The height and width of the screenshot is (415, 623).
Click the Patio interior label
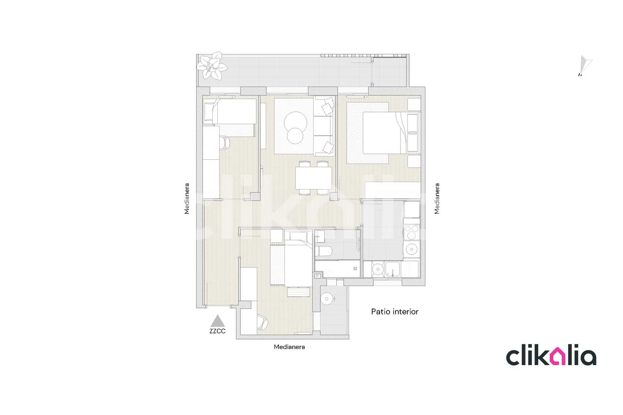tap(395, 312)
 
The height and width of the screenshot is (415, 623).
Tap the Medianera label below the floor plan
tap(289, 347)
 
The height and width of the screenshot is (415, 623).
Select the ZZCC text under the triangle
tap(218, 331)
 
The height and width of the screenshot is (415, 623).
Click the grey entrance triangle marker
tap(218, 321)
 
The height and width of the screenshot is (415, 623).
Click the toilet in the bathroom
tap(324, 251)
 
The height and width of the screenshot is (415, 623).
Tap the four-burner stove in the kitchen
tap(411, 232)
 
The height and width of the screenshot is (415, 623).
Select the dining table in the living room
tap(314, 178)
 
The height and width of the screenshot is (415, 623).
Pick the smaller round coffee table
tap(295, 136)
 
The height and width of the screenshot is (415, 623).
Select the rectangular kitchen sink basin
tap(392, 269)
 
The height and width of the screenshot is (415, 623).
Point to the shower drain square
tap(355, 269)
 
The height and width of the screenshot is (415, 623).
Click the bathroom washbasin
tap(320, 236)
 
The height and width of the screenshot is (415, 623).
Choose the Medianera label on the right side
tap(437, 198)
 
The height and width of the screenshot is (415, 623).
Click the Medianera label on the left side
tap(186, 198)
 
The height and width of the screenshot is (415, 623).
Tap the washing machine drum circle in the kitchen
tap(378, 269)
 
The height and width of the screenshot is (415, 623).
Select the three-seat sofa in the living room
tap(324, 126)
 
